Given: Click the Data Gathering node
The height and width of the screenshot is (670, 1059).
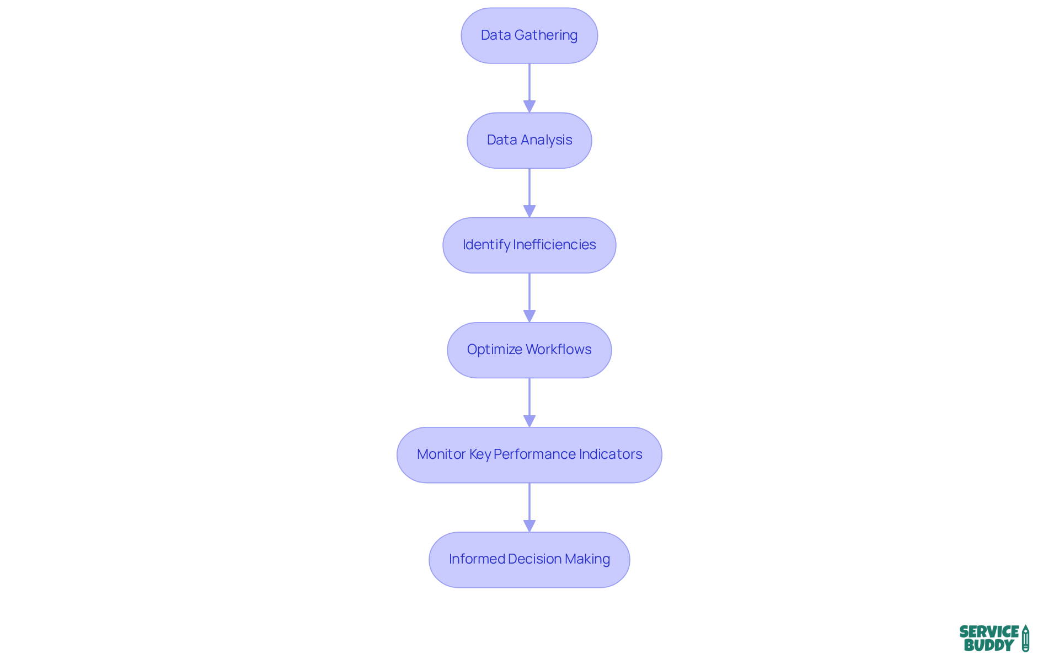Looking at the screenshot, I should tap(529, 35).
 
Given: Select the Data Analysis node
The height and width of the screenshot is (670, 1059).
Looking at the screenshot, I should tap(529, 140).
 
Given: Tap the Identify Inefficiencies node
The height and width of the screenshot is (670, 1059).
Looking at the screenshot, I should tap(529, 245).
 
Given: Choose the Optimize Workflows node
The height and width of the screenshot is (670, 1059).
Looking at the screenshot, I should tap(529, 350).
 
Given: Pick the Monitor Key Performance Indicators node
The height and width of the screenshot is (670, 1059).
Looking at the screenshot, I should tap(529, 454).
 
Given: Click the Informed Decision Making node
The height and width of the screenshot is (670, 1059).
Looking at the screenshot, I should tap(529, 559).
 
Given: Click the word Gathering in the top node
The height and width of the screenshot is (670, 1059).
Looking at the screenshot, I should tap(545, 35).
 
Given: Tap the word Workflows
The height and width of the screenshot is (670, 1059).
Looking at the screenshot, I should tap(558, 350).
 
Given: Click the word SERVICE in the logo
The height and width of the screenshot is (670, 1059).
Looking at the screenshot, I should tap(988, 631).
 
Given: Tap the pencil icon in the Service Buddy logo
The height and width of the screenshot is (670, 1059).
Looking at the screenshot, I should tap(1025, 639).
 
